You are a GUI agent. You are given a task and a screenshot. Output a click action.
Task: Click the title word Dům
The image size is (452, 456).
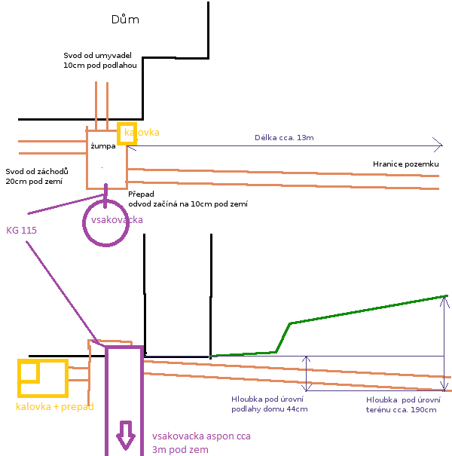pos(124,20)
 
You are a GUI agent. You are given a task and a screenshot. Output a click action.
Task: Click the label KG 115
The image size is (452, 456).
pos(22,228)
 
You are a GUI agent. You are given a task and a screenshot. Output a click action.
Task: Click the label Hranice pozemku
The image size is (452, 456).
pos(405,164)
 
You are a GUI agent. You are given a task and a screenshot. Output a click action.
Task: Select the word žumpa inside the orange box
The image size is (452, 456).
pos(103,145)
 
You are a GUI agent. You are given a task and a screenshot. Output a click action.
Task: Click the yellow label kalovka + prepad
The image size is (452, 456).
pos(54,407)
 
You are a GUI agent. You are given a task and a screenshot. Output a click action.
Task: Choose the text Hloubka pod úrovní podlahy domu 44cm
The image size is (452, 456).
pos(269,404)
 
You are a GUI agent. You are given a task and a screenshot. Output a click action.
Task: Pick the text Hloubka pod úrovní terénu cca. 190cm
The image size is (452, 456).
pos(401,404)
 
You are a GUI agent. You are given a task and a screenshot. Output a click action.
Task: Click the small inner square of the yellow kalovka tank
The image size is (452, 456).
pos(29,372)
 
